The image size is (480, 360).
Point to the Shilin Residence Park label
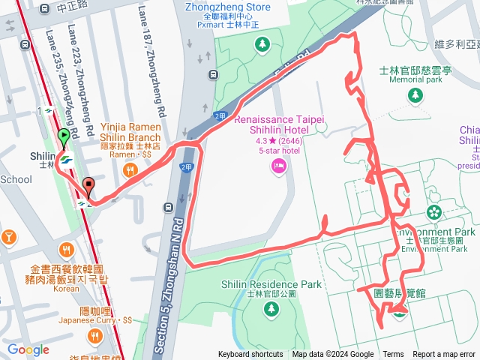[x=271, y=284]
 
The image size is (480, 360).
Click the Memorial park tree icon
[x=415, y=95]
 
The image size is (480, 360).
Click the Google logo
[x=28, y=349]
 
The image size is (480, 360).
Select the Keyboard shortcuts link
[x=250, y=355]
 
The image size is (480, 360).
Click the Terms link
[x=393, y=355]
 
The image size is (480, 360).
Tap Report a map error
[x=445, y=355]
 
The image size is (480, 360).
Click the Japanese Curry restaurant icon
[x=94, y=334]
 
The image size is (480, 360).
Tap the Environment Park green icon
[x=434, y=213]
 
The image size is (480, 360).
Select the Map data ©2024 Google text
[x=333, y=355]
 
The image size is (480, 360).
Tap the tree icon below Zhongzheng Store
[x=262, y=44]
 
